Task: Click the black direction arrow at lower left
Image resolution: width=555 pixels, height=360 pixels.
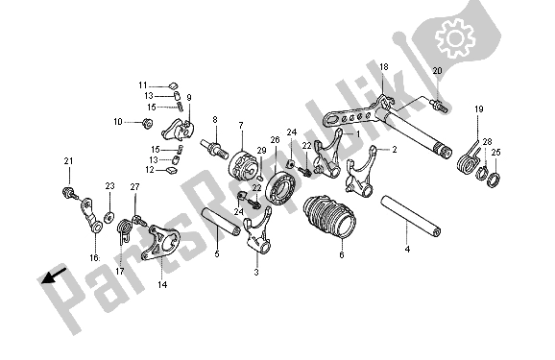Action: point(53,276)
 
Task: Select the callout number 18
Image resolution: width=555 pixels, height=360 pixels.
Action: point(384,66)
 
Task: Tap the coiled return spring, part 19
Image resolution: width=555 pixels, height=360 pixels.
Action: point(470,157)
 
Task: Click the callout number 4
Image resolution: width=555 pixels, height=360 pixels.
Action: point(407,250)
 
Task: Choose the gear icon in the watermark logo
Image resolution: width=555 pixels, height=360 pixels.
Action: point(455,38)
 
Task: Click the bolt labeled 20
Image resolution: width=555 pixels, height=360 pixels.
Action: point(439,106)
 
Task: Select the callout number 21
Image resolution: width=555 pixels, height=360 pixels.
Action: point(69,161)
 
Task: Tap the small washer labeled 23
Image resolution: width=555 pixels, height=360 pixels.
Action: point(109,217)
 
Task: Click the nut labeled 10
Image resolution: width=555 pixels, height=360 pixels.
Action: point(147,124)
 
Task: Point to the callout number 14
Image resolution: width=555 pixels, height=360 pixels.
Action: point(162,284)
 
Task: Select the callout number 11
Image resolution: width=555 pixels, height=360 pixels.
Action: point(143,85)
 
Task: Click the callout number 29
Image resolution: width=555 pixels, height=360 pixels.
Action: point(261,151)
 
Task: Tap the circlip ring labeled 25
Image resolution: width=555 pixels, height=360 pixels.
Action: point(494,180)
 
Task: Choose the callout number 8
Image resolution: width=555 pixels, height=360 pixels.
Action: point(215,120)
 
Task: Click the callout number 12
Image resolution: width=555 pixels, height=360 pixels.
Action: point(150,170)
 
